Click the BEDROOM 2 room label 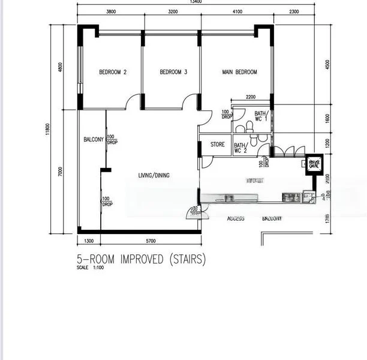[x=113, y=73]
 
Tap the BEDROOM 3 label [x=173, y=73]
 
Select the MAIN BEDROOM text [x=239, y=73]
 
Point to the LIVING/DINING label [x=154, y=175]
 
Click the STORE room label [x=217, y=145]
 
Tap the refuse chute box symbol [x=314, y=163]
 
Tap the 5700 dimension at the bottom [x=151, y=241]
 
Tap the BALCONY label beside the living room [x=94, y=139]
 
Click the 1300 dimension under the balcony [x=89, y=241]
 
